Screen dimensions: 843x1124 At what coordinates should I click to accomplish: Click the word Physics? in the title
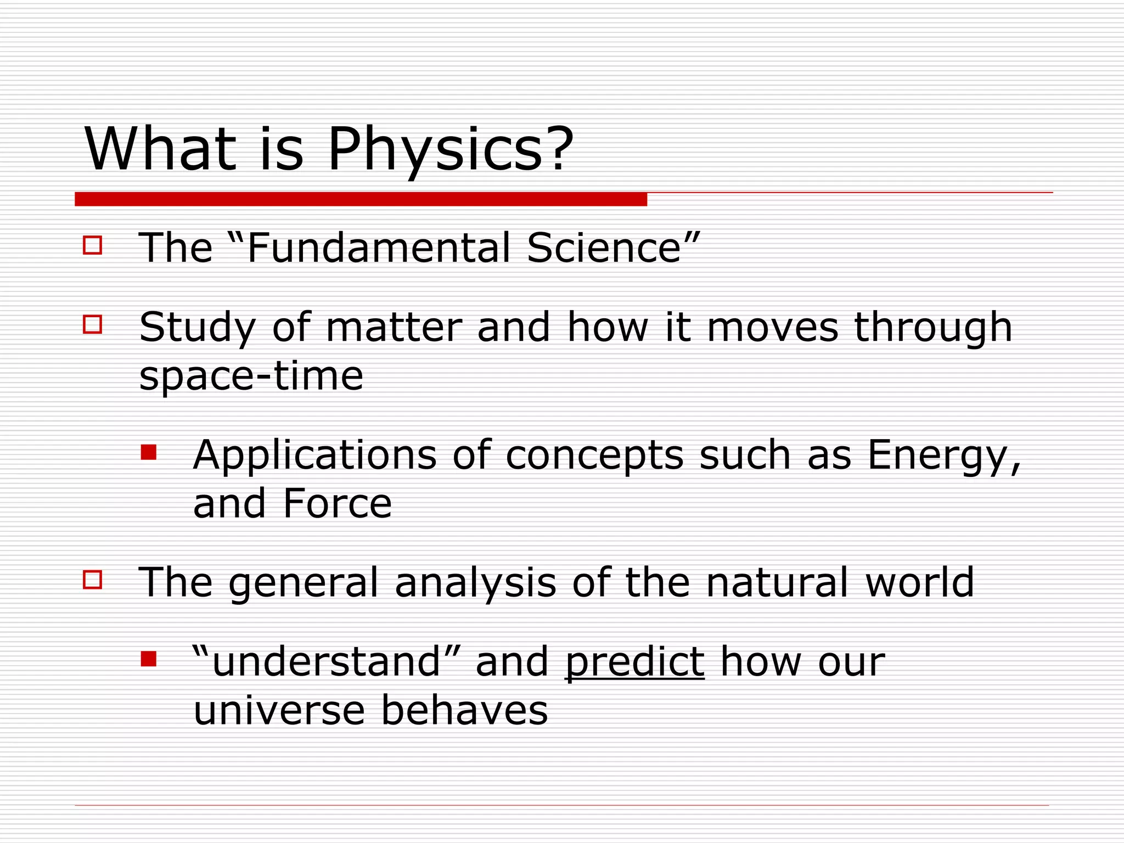point(450,149)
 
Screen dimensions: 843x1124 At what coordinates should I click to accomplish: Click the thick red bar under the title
point(361,199)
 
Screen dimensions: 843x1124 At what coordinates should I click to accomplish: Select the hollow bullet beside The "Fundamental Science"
point(93,245)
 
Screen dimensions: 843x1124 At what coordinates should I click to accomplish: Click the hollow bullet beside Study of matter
point(93,324)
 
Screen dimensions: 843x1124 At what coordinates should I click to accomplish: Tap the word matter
point(394,328)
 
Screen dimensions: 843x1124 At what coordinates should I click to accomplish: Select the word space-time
point(251,376)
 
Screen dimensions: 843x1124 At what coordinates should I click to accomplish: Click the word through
point(933,328)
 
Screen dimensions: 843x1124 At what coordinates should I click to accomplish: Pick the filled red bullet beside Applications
point(149,452)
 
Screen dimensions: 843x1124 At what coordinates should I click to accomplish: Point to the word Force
point(337,504)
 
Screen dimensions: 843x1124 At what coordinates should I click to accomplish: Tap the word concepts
point(594,456)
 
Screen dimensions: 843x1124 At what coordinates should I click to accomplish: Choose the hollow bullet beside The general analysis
point(93,580)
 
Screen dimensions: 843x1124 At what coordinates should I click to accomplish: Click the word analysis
point(475,582)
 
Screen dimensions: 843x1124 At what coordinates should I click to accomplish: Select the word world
point(919,582)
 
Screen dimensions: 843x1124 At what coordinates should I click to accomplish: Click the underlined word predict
point(634,662)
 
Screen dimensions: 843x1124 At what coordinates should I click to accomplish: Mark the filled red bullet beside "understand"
point(149,659)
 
